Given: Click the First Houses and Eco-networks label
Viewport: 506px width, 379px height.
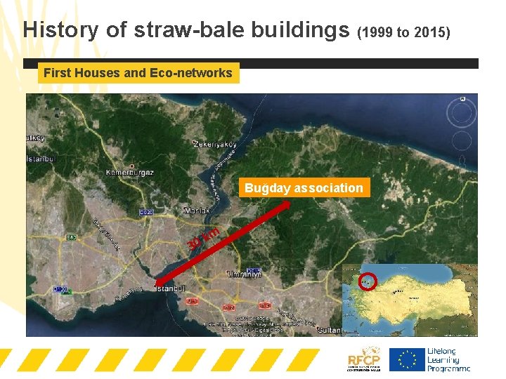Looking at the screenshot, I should (138, 72).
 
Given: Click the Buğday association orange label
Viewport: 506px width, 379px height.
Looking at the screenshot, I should (304, 188).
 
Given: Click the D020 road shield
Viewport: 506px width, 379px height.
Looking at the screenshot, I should (146, 212).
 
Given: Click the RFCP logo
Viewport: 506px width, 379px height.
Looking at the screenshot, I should (363, 361).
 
